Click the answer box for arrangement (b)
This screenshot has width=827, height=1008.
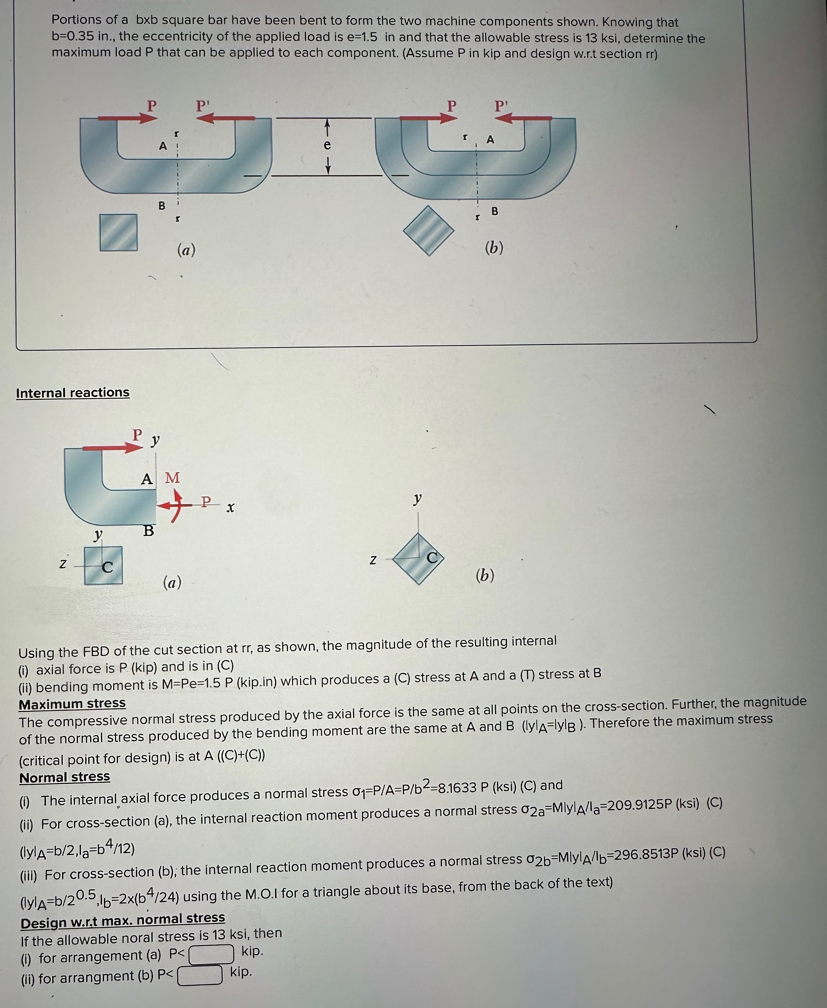(x=200, y=974)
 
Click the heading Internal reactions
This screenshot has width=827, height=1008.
(x=72, y=393)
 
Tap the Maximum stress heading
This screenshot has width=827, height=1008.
(x=72, y=703)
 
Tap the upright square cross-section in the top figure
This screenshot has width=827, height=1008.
(x=119, y=232)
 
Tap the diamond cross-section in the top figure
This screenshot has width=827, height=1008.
(x=429, y=230)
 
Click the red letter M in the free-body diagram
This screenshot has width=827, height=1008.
(x=172, y=478)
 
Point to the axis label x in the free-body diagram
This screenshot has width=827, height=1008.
(x=230, y=508)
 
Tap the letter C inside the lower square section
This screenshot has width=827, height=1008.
(x=108, y=567)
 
